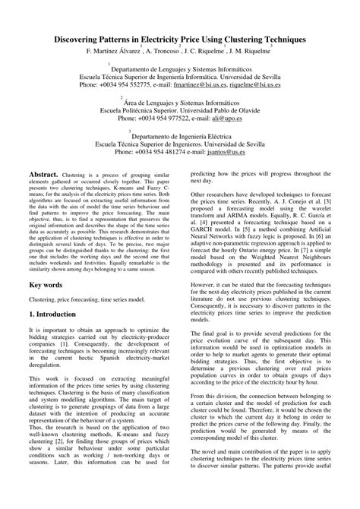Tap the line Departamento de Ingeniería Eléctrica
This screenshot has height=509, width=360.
click(x=180, y=131)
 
